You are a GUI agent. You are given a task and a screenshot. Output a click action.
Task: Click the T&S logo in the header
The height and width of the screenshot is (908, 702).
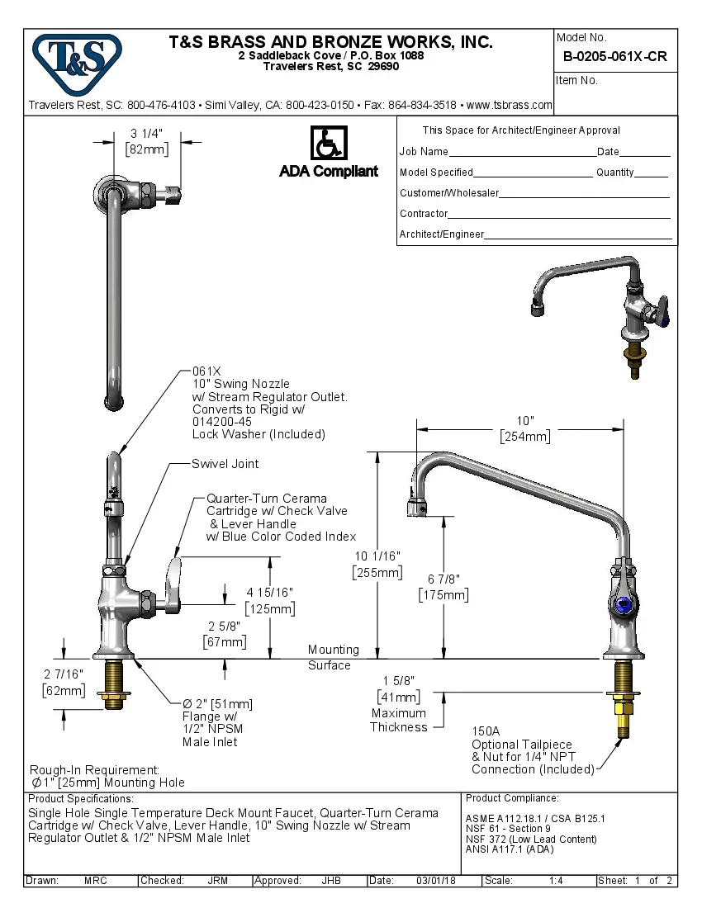(77, 59)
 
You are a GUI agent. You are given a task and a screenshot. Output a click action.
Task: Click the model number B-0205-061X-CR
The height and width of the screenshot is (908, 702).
(614, 57)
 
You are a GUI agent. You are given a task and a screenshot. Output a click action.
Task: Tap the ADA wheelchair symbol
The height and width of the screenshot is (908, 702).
(328, 144)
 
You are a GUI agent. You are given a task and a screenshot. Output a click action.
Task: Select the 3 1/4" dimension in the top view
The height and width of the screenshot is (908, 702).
(146, 133)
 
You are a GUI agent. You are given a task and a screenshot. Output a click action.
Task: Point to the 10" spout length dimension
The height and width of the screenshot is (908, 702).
(525, 421)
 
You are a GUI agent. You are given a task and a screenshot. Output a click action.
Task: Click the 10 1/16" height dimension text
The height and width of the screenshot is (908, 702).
(377, 556)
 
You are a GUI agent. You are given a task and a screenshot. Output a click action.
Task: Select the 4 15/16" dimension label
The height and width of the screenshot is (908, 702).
(270, 593)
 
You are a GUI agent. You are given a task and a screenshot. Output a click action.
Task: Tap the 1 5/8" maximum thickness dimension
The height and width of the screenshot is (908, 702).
(398, 681)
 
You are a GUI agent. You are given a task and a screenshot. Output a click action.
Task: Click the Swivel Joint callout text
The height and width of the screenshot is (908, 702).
(225, 464)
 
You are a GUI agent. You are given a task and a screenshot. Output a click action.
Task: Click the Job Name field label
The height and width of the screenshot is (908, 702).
(424, 152)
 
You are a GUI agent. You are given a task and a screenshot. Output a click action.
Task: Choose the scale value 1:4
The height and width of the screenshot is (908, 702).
(556, 881)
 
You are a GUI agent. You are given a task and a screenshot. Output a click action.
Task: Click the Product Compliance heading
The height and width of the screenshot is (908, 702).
(512, 798)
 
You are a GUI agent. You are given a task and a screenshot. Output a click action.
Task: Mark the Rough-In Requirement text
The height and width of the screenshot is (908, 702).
(94, 769)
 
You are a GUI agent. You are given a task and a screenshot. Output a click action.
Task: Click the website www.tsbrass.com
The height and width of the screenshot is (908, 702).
(509, 105)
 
